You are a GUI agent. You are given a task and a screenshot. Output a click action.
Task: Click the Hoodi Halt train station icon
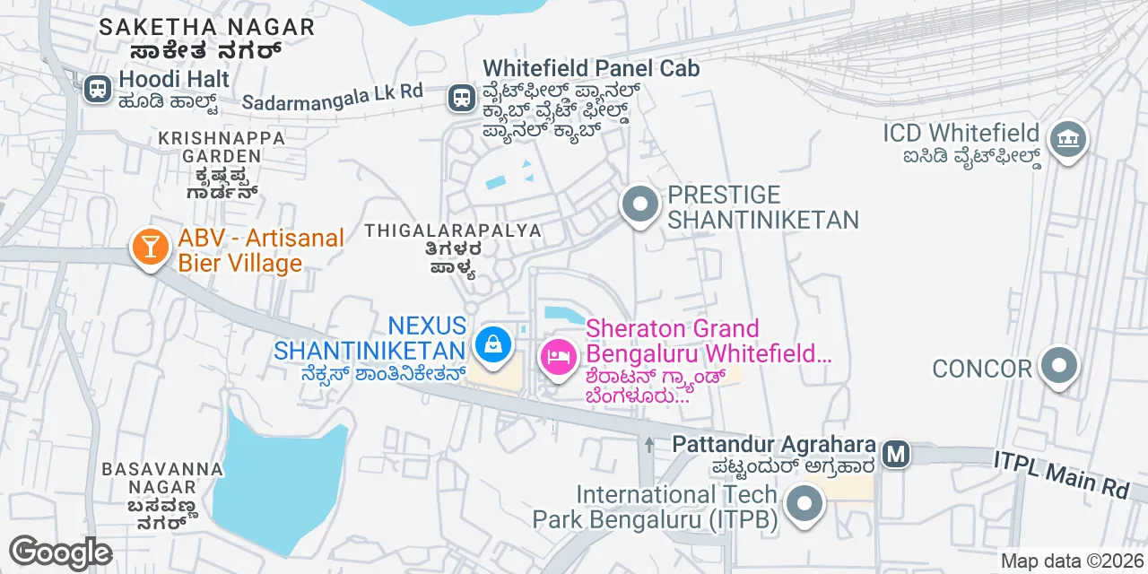tap(97, 88)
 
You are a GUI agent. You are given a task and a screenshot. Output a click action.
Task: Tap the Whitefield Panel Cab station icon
tap(462, 97)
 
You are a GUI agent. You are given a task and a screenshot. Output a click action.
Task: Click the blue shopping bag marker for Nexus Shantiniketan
tap(491, 344)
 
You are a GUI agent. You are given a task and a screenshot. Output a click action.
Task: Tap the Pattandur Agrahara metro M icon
tap(895, 454)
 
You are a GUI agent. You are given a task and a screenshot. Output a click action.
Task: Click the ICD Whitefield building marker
tap(1067, 140)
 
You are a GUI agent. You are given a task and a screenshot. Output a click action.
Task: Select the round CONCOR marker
tap(1060, 366)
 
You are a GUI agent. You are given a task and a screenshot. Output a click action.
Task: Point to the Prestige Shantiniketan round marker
tap(639, 204)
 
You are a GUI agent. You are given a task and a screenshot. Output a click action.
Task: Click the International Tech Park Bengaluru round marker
tap(804, 504)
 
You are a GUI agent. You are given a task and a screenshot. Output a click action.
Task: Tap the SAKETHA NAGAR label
tap(206, 27)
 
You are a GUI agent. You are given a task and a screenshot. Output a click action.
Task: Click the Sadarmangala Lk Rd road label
tap(333, 97)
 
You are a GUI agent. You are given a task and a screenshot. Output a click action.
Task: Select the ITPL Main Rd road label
tap(1061, 474)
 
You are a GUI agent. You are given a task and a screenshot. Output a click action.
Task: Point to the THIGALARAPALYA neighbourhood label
tap(453, 230)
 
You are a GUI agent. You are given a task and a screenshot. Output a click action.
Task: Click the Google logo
tap(60, 552)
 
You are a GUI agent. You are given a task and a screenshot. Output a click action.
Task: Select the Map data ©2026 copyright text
tap(1072, 561)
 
